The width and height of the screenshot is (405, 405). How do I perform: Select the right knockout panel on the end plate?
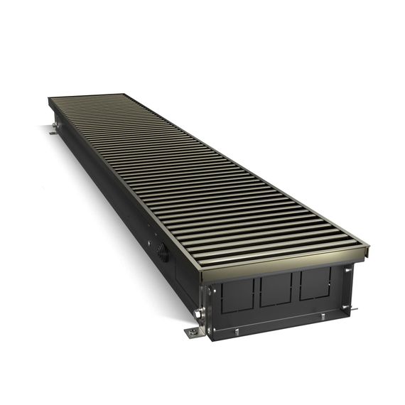coord(313,284)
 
